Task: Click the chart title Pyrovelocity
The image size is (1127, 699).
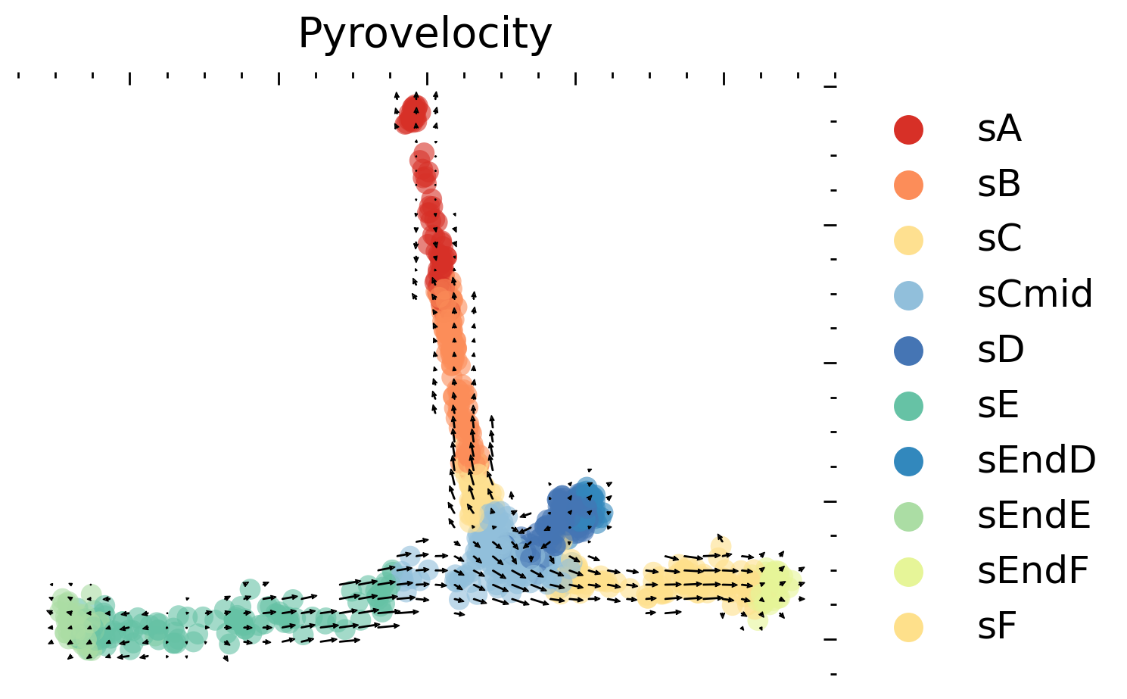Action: click(425, 34)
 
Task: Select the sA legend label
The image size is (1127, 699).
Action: click(999, 130)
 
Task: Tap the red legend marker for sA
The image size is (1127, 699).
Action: click(908, 130)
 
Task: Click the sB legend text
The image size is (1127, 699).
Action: click(999, 185)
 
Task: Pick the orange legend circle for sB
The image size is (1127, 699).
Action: click(908, 185)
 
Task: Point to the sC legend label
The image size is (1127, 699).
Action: click(999, 239)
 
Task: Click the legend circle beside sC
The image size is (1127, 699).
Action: click(908, 239)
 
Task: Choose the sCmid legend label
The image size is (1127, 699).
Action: click(1035, 295)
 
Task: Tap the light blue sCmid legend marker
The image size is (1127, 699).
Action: click(908, 295)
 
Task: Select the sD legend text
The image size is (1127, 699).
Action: click(1001, 350)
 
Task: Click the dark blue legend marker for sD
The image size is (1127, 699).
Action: click(908, 350)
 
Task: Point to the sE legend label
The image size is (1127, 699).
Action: click(998, 405)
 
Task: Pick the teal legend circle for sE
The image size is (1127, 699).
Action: click(908, 405)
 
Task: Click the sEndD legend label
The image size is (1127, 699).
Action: click(1036, 460)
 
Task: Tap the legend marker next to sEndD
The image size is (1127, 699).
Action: click(908, 460)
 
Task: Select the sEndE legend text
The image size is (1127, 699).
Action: click(1034, 516)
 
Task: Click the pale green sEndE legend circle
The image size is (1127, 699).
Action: click(908, 516)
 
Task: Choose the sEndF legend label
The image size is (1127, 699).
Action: click(1032, 571)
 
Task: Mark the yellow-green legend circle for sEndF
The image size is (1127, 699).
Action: click(908, 571)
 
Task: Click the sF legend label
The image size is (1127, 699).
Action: click(997, 626)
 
